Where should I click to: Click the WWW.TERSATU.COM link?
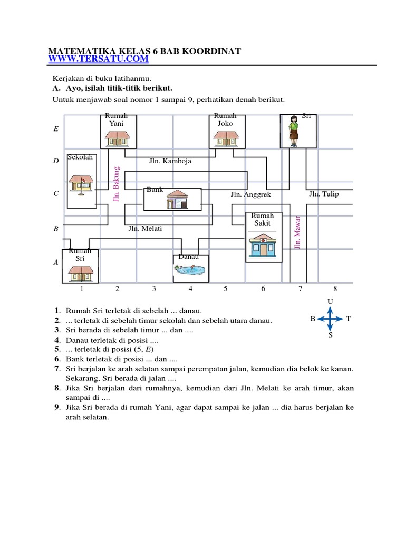(99, 59)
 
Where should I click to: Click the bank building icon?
(177, 200)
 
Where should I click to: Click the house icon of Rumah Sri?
(80, 273)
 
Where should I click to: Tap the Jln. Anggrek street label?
(250, 194)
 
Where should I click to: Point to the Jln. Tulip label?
(324, 194)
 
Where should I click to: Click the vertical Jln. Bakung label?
(117, 184)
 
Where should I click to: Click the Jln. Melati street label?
(145, 229)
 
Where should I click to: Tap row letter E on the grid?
(56, 128)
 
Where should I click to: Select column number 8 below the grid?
(335, 289)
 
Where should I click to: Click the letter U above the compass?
(330, 302)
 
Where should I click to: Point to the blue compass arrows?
(330, 319)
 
